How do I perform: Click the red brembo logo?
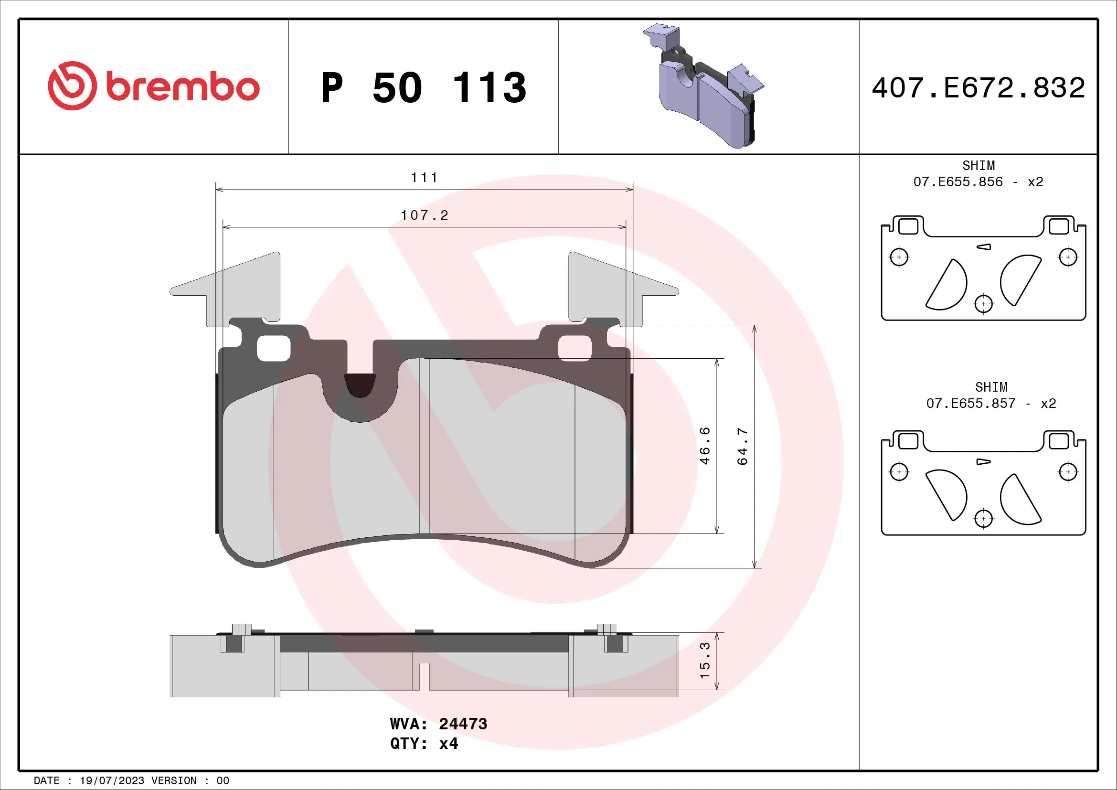click(153, 86)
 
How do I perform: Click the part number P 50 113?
click(423, 88)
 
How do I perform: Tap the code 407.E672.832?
click(979, 88)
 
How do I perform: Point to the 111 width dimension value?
click(424, 178)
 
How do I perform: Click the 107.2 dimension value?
click(424, 215)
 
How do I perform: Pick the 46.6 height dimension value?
click(705, 446)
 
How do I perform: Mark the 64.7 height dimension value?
click(743, 446)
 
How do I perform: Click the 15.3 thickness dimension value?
click(705, 661)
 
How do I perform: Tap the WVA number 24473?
click(463, 724)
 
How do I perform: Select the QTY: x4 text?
click(424, 744)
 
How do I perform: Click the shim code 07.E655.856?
click(958, 182)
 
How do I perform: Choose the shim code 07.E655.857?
click(970, 403)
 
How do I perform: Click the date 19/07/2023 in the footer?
click(112, 781)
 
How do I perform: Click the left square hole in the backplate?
click(274, 348)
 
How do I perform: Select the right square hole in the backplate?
click(574, 348)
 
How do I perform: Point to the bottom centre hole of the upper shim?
click(984, 304)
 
